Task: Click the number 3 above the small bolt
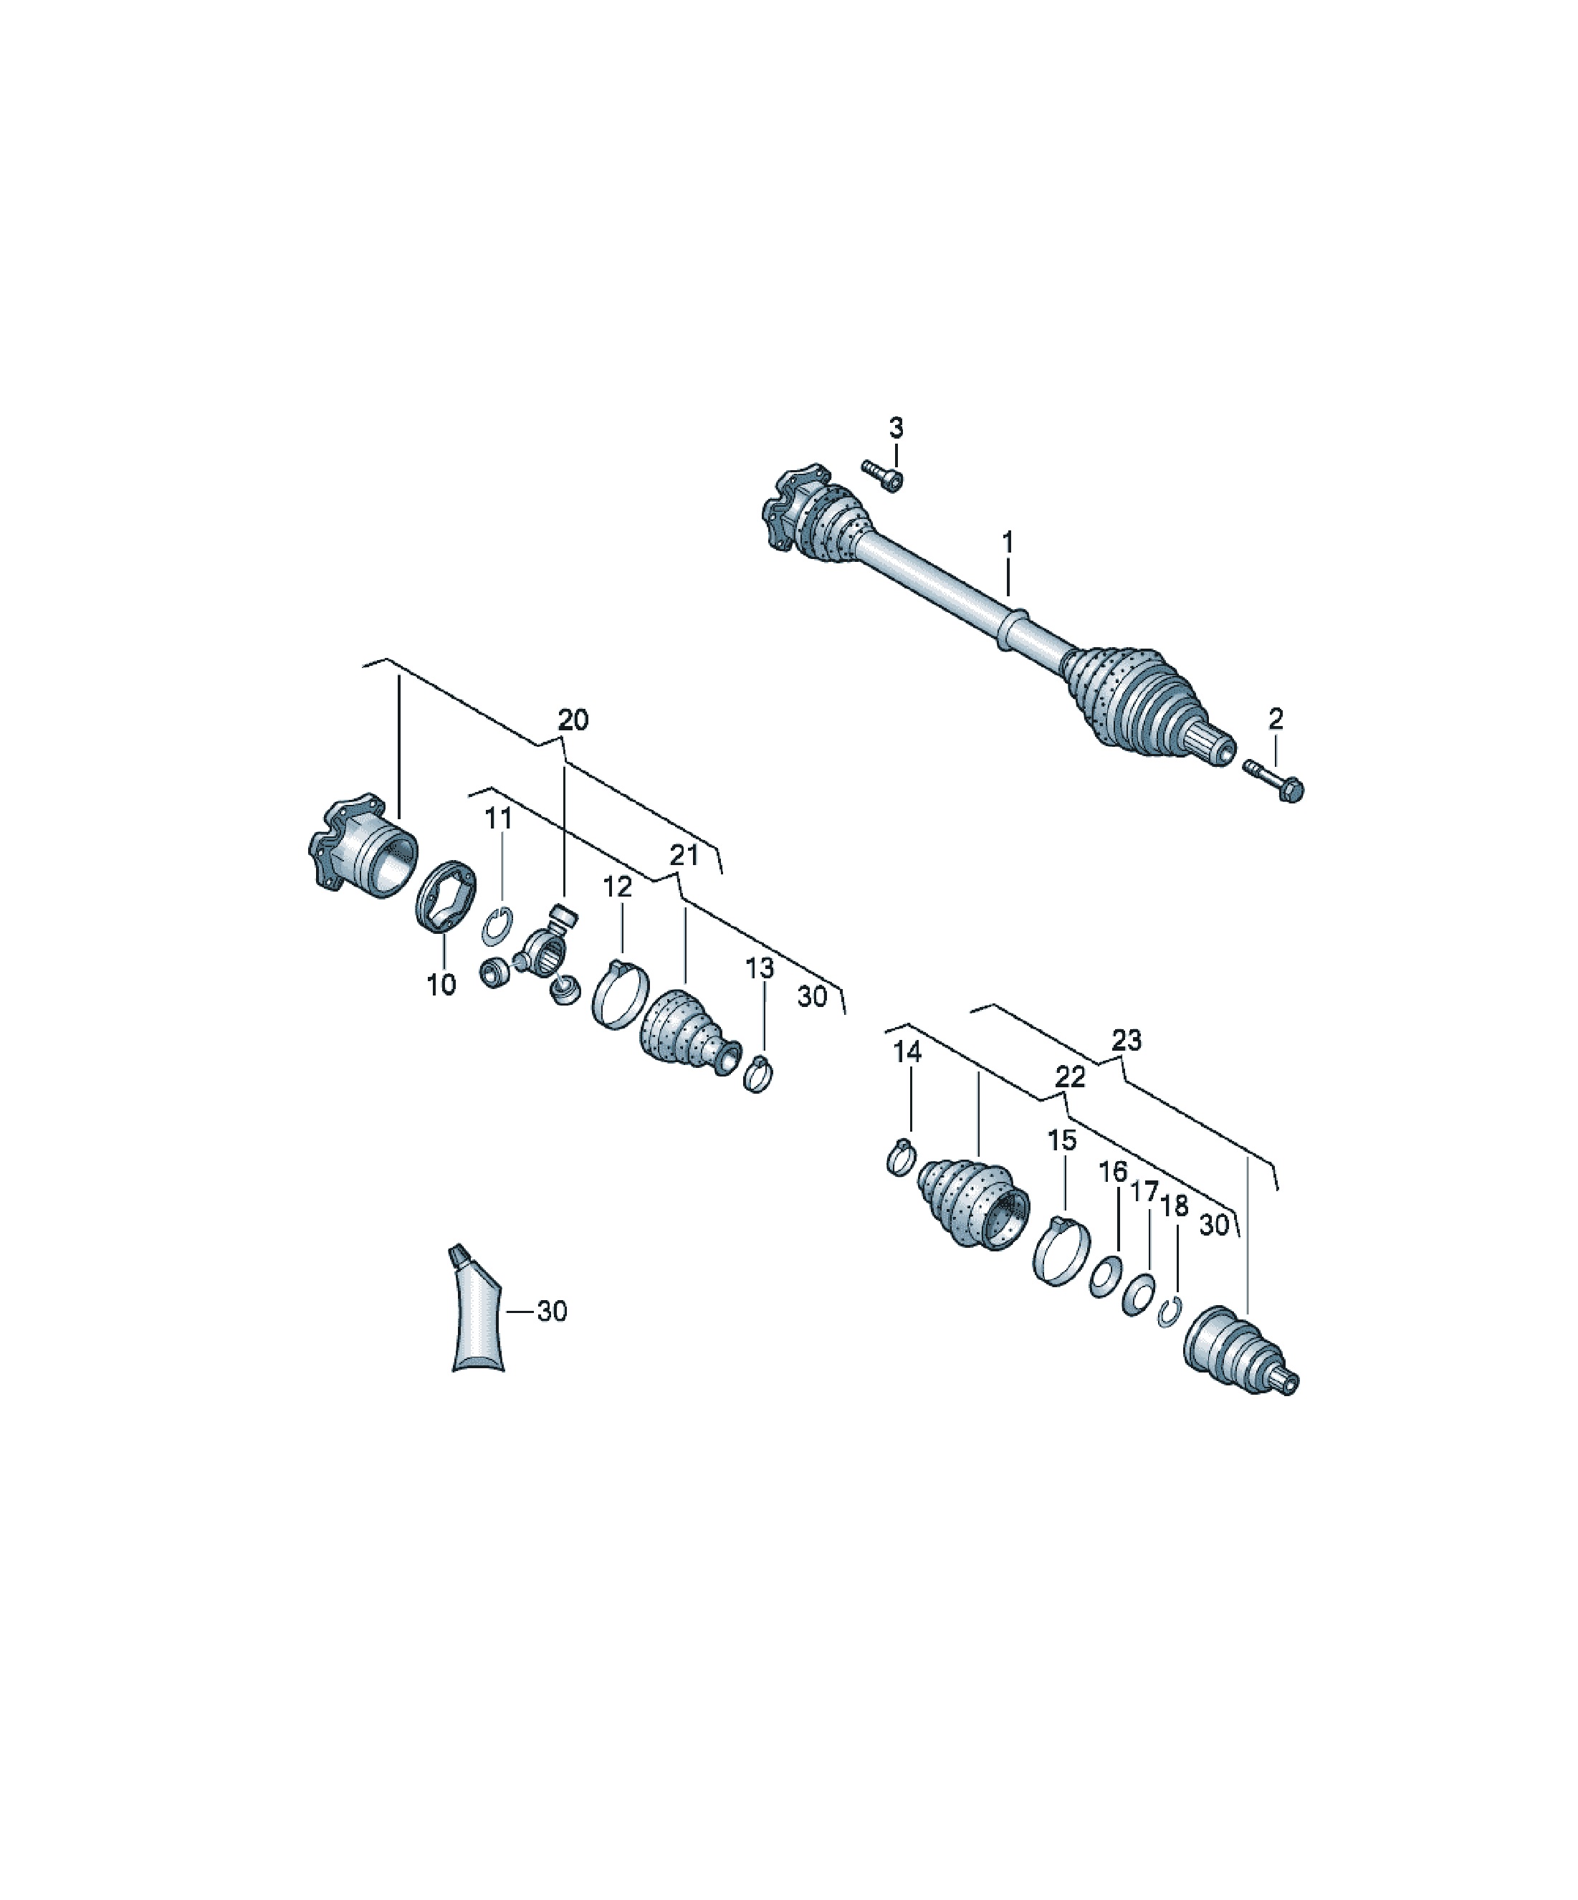[x=895, y=428]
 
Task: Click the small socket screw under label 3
[x=883, y=476]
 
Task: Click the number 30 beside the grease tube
[x=551, y=1311]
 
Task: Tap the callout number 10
[x=441, y=985]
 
